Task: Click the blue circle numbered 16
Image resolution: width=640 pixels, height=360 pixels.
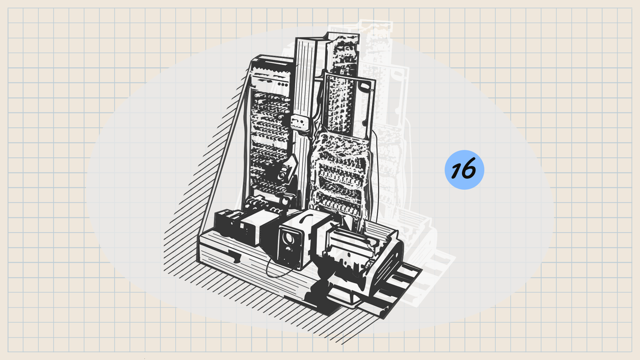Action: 464,169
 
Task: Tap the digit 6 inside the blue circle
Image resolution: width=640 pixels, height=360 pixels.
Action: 469,168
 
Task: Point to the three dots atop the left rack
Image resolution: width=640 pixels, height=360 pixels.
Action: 283,84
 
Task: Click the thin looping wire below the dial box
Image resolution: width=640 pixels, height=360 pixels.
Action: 278,269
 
